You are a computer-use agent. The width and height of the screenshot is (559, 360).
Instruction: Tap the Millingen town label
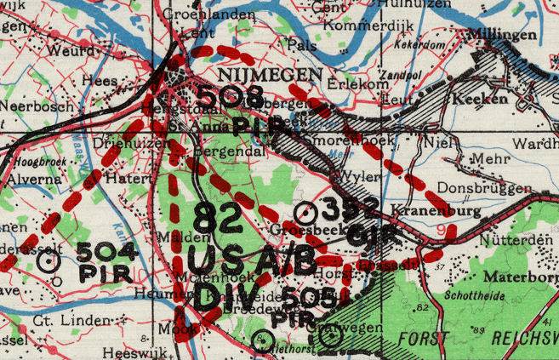pos(502,36)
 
